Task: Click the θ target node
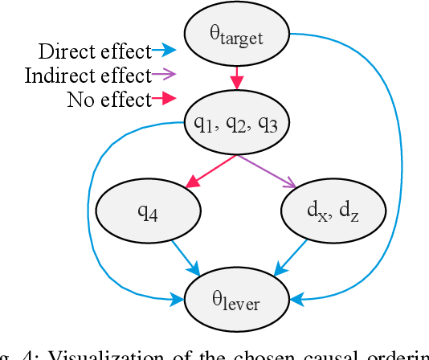click(x=236, y=34)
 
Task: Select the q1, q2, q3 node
click(x=236, y=123)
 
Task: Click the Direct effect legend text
click(x=94, y=52)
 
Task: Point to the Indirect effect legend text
click(x=88, y=76)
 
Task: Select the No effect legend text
click(x=109, y=100)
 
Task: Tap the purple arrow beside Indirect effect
click(x=165, y=76)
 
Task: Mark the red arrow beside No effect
click(x=165, y=100)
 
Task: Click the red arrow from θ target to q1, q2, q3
click(x=236, y=79)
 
